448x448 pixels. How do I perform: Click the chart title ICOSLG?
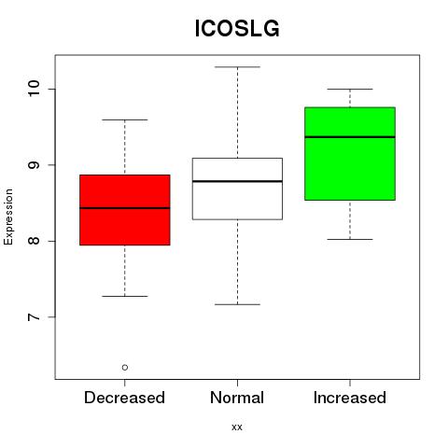coord(237,29)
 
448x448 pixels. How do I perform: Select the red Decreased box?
coord(125,210)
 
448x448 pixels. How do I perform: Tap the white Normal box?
coord(237,189)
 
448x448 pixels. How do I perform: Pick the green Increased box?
coord(350,154)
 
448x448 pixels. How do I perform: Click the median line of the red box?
coord(125,208)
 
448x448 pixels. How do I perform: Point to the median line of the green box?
coord(350,137)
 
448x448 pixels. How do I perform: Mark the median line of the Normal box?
coord(237,181)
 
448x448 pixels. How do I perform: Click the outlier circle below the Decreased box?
coord(125,368)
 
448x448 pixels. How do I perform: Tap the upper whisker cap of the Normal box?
coord(237,67)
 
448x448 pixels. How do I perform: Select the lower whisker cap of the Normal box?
coord(237,304)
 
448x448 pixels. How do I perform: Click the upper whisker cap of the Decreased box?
coord(125,119)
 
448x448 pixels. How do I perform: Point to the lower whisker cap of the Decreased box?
coord(125,296)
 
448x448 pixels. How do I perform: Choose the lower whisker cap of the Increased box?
coord(350,239)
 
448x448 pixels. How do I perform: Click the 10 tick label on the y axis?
coord(34,89)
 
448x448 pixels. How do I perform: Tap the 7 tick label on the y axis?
coord(34,317)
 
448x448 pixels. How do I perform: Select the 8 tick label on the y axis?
coord(34,241)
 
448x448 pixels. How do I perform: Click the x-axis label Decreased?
coord(124,398)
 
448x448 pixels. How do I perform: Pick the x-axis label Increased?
coord(350,398)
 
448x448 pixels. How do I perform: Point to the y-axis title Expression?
coord(8,217)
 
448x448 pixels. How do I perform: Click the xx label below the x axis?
coord(237,427)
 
